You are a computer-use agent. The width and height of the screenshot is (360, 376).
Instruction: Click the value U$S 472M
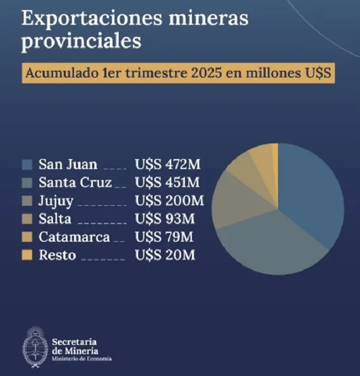click(x=167, y=164)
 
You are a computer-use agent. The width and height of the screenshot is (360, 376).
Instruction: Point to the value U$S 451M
click(x=167, y=183)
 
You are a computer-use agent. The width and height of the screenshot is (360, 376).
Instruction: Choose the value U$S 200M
click(x=169, y=201)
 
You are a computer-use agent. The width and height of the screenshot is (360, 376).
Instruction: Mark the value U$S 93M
click(x=165, y=219)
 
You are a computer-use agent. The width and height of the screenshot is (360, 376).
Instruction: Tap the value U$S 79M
click(x=165, y=237)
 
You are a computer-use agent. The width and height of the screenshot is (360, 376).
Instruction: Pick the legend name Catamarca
click(x=74, y=237)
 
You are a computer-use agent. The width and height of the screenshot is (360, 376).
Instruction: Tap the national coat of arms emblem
click(x=36, y=347)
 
